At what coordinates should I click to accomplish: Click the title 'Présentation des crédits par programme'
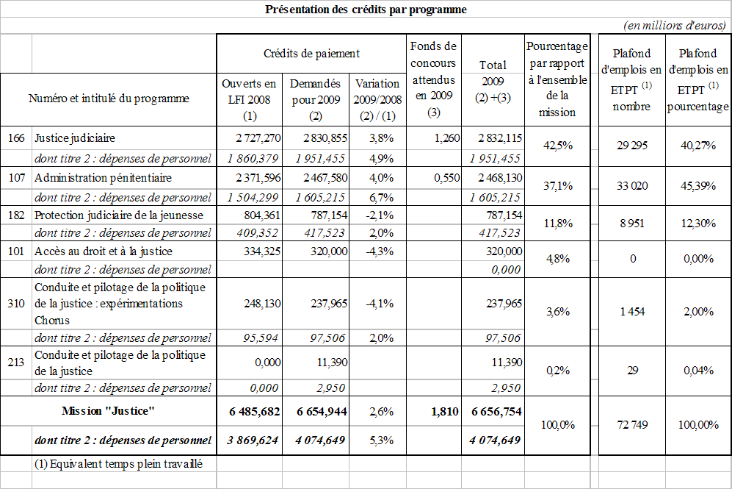[366, 10]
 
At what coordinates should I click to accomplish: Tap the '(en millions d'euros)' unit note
[675, 26]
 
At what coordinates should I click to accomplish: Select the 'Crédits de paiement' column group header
[311, 54]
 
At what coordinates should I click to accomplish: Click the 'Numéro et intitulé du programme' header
[109, 99]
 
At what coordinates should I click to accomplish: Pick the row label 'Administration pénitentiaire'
[103, 178]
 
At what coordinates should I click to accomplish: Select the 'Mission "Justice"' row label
[108, 412]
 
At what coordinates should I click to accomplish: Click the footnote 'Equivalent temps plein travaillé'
[117, 464]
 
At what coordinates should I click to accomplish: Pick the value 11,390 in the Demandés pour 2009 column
[324, 362]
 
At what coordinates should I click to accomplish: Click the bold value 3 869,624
[250, 440]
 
